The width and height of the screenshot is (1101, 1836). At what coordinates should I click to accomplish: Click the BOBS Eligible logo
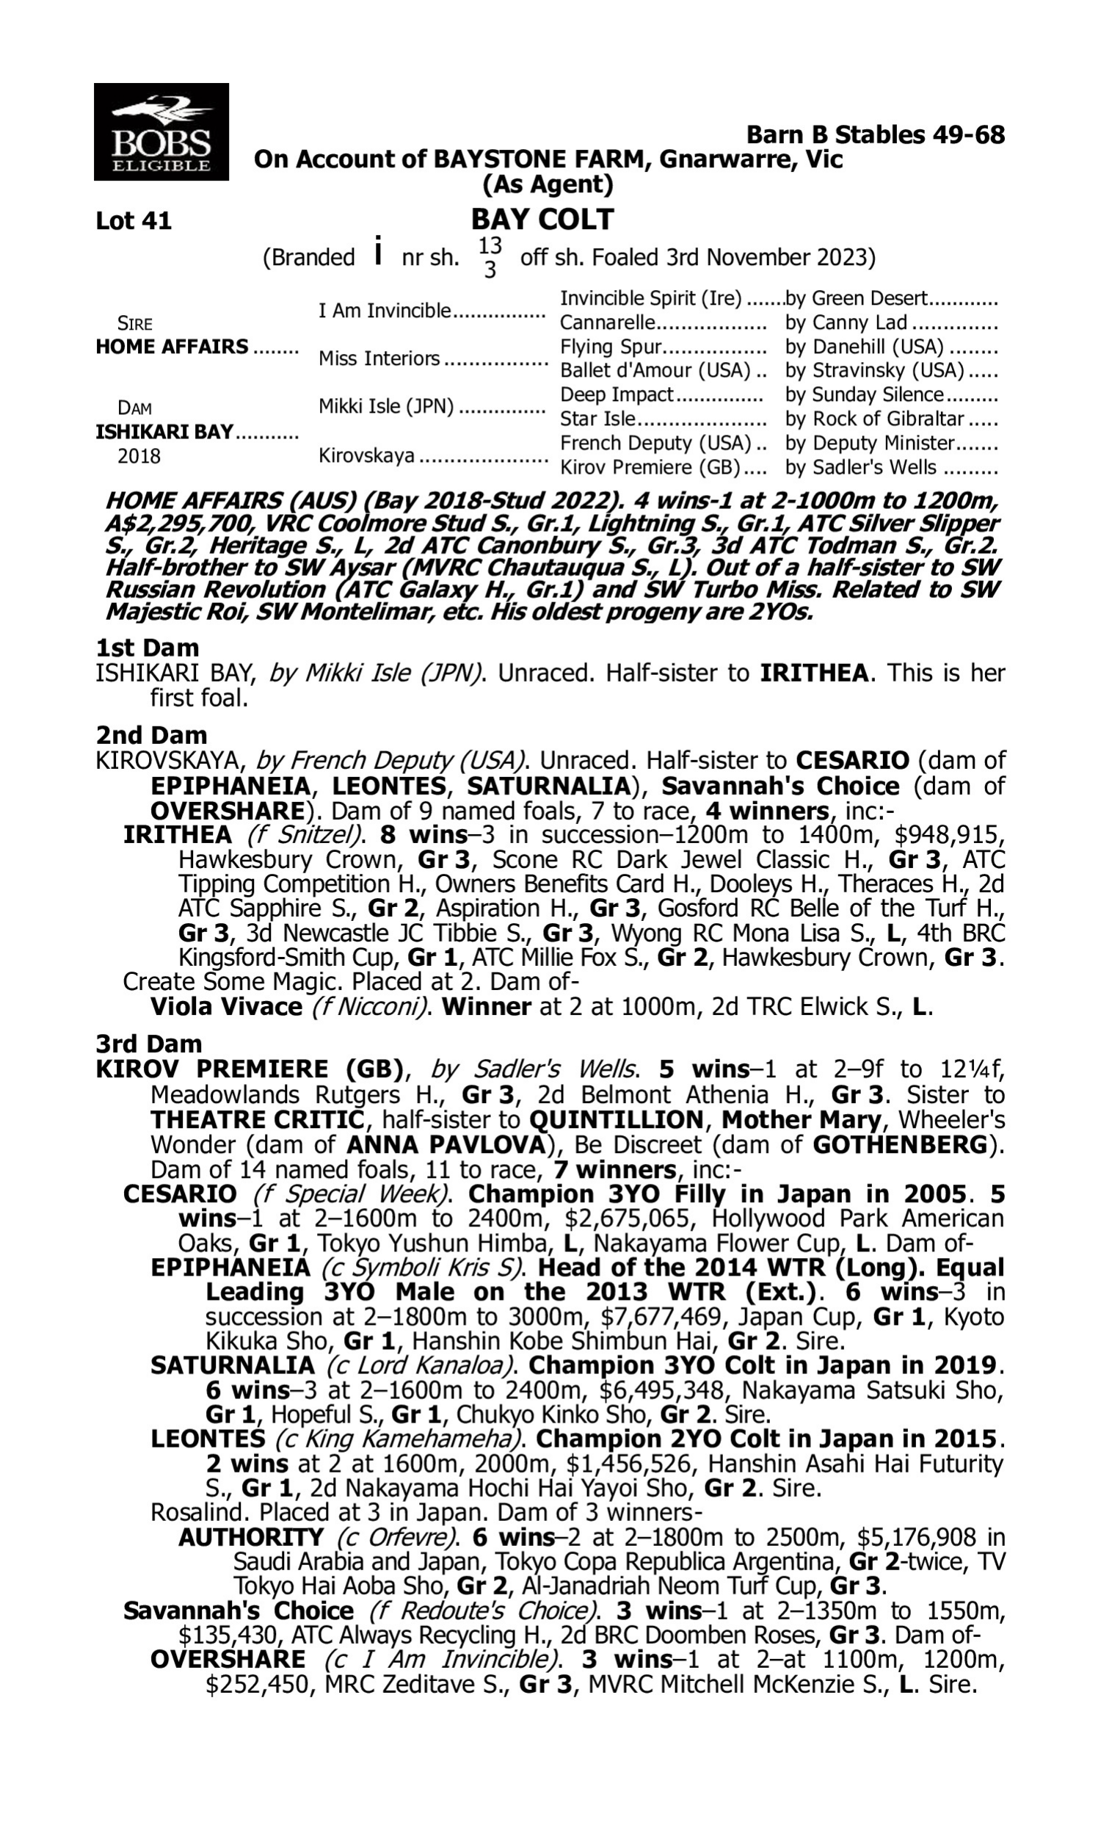point(161,131)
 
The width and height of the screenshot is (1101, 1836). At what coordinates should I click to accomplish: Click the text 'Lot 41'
point(134,220)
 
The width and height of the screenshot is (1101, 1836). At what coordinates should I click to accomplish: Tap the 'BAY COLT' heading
point(542,219)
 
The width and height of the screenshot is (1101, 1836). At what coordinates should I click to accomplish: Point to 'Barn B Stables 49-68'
point(875,134)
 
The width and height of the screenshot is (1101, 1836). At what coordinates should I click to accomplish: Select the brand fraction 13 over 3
point(490,258)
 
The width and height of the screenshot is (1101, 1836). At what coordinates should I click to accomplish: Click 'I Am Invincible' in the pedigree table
point(385,310)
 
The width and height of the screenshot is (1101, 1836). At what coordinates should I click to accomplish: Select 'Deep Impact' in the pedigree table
point(617,394)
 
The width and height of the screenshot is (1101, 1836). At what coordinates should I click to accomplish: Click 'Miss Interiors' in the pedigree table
point(379,358)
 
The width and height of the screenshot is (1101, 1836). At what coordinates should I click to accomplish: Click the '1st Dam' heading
point(148,648)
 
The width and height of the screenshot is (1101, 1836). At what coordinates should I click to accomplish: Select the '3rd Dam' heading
point(148,1044)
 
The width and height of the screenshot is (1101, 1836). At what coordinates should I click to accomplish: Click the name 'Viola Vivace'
point(225,1006)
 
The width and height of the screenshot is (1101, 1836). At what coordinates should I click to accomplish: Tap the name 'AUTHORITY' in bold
point(251,1537)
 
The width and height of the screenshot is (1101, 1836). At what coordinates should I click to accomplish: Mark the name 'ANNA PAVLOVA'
point(446,1144)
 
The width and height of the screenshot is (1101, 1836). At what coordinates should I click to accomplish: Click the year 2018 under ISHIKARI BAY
point(139,455)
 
